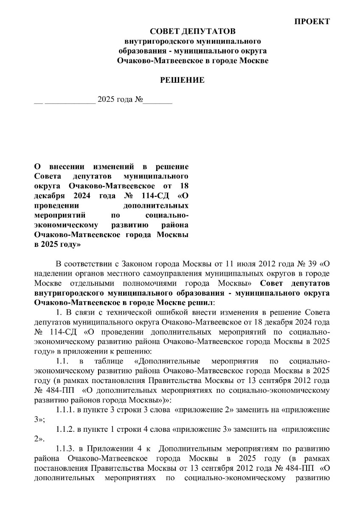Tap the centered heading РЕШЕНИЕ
[182, 80]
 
